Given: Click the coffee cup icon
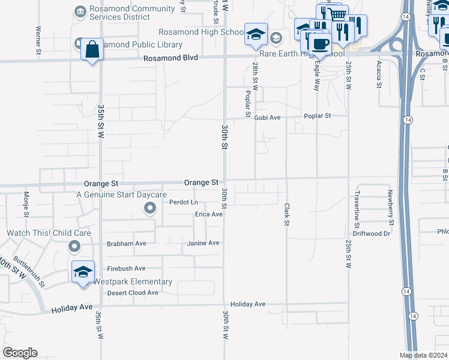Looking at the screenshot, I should pos(319,44).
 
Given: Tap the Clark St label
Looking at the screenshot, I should pos(286,214).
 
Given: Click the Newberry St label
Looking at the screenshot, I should pos(390,208).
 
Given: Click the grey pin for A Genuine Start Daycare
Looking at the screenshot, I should pos(150,208).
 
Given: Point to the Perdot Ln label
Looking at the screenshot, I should pos(184,202).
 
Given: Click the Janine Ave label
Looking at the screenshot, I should pos(204,243).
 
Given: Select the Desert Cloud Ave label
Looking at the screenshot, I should pos(133,293).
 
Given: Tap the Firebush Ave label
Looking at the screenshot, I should pos(126,268).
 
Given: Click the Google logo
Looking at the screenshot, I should pos(19,352).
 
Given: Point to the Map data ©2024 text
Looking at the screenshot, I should pos(423,355).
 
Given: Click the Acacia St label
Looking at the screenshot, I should pos(379,74).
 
